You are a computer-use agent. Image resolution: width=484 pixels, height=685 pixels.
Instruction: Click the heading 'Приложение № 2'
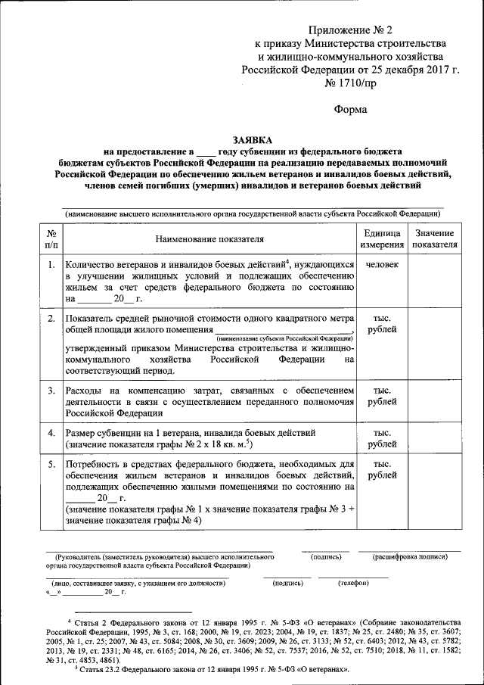351,30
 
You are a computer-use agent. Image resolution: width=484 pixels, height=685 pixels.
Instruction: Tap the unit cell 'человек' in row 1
381,265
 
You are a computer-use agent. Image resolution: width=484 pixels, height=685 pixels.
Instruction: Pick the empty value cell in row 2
434,344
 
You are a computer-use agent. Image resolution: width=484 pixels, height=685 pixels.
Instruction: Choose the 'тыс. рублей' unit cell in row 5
381,469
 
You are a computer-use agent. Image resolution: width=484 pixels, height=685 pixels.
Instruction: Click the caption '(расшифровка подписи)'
408,557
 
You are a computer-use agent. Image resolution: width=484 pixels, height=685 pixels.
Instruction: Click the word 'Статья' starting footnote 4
88,621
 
